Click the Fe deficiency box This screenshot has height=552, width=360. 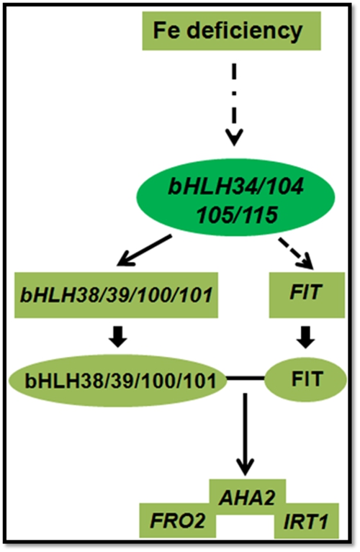(231, 31)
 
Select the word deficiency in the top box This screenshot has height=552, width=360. (245, 32)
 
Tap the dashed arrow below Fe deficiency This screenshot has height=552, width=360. (235, 104)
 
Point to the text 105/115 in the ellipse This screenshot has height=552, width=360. (238, 214)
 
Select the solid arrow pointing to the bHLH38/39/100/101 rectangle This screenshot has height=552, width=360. (144, 250)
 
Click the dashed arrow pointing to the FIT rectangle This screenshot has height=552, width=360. (296, 253)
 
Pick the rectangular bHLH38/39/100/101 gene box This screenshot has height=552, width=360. (116, 294)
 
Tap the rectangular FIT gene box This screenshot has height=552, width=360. (307, 294)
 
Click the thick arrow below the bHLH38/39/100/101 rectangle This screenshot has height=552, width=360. (117, 337)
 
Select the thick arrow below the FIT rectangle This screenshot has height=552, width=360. (305, 337)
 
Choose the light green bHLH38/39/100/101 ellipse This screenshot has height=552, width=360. (117, 381)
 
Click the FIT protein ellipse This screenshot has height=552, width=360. (305, 379)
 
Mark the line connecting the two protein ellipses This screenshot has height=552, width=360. (246, 379)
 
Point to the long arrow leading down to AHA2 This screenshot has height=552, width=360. (246, 434)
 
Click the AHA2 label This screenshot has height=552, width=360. (247, 498)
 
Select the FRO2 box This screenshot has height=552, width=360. (178, 520)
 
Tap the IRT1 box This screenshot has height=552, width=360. (307, 521)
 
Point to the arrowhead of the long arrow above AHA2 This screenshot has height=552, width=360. (246, 474)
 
